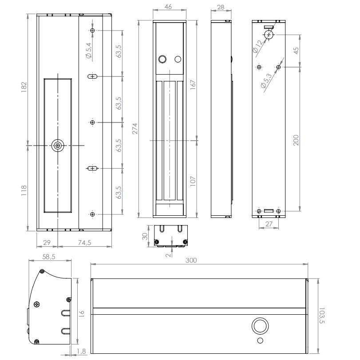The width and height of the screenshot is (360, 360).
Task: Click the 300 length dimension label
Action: (191, 261)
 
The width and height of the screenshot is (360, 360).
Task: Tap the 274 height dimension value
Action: (135, 129)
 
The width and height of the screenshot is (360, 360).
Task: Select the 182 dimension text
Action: (24, 87)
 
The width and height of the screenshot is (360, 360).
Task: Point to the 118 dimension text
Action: (24, 190)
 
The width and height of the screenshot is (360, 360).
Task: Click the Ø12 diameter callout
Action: (257, 46)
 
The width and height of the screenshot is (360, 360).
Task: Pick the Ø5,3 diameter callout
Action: (266, 81)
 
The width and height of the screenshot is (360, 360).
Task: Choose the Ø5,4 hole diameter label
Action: (89, 50)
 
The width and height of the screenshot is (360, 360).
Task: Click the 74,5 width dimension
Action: (84, 242)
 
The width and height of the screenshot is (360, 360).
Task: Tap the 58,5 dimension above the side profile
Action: (49, 257)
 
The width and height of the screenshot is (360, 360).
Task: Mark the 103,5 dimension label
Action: (322, 316)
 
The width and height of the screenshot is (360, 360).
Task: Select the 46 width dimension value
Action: (168, 7)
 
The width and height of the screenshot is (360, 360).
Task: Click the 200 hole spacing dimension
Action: (296, 140)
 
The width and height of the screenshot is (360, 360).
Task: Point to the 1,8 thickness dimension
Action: (81, 351)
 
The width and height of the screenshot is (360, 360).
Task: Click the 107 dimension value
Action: (193, 181)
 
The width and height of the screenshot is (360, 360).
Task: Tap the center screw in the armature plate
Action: (58, 145)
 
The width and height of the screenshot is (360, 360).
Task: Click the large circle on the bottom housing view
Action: (260, 326)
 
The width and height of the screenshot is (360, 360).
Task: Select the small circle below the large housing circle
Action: (260, 340)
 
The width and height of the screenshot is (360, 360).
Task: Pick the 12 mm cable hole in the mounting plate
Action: (269, 35)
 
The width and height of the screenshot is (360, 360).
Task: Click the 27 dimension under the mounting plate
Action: (269, 224)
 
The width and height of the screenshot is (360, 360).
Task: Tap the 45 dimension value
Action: (296, 51)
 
